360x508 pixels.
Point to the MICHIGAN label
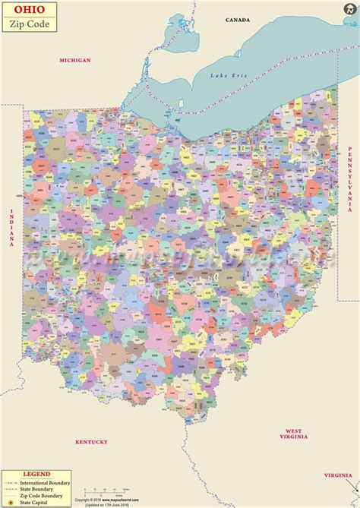pyautogui.click(x=75, y=59)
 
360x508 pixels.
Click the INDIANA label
pyautogui.click(x=12, y=227)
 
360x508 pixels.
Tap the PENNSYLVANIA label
pyautogui.click(x=351, y=178)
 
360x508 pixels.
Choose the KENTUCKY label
pyautogui.click(x=91, y=441)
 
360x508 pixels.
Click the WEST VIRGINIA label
pyautogui.click(x=293, y=434)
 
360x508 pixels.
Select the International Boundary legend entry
pyautogui.click(x=50, y=481)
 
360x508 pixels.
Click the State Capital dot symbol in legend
pyautogui.click(x=11, y=502)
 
